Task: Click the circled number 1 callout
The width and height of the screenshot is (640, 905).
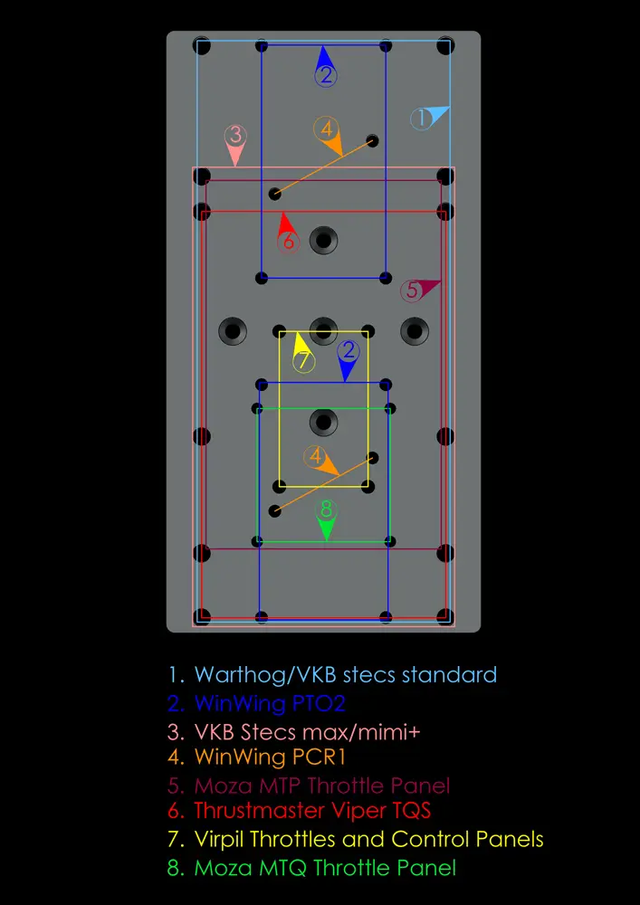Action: (x=421, y=119)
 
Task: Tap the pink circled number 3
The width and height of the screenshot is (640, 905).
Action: (x=235, y=136)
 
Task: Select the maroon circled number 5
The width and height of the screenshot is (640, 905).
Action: (x=412, y=291)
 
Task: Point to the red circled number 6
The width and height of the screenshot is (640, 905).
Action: (x=289, y=242)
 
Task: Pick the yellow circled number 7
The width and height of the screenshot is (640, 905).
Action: (x=304, y=362)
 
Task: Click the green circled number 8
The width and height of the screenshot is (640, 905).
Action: (x=327, y=510)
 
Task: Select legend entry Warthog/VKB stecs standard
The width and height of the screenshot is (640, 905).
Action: (x=333, y=674)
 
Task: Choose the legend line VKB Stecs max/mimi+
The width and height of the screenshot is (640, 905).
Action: (x=295, y=732)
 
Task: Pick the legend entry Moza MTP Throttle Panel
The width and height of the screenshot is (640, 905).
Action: (x=310, y=786)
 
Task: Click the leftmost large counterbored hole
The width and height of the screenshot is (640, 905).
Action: (x=233, y=331)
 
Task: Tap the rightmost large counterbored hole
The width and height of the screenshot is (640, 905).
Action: (x=415, y=331)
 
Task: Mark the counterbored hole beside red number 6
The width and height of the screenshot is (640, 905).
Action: (x=324, y=240)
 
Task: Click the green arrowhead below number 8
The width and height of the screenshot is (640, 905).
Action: (x=327, y=529)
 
